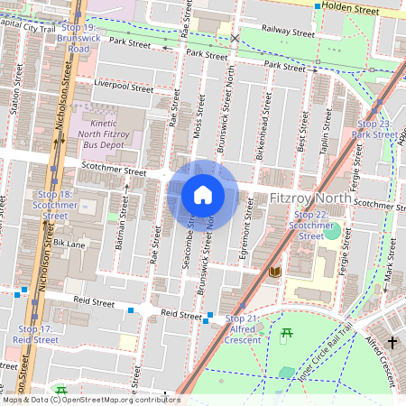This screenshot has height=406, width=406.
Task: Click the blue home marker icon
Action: [x=203, y=195]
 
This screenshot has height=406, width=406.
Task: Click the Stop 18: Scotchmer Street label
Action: [x=55, y=205]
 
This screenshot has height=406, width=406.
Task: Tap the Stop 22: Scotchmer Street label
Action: [x=310, y=225]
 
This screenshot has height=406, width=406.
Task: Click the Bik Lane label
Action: [x=69, y=244]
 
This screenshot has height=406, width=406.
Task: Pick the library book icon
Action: [x=275, y=271]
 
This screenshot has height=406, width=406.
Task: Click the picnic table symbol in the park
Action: [x=287, y=335]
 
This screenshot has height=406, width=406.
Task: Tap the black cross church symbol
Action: [x=392, y=342]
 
